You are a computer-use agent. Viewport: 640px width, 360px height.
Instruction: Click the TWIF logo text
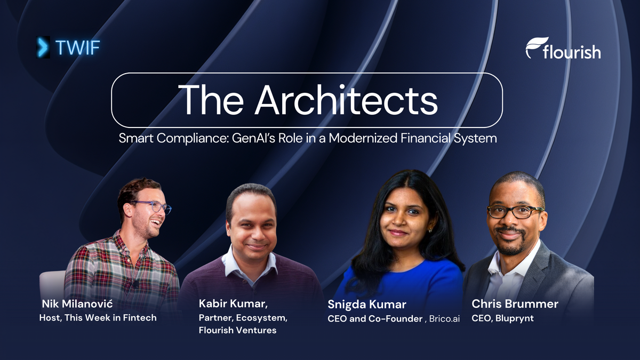point(77,48)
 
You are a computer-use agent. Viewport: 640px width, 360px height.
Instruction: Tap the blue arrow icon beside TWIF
point(41,47)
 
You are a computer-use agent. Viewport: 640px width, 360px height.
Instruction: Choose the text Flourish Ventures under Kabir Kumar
point(237,330)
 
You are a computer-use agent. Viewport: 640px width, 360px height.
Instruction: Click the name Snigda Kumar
point(366,305)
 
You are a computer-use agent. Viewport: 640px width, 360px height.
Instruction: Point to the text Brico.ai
point(442,319)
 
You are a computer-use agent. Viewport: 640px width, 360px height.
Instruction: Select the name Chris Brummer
point(515,305)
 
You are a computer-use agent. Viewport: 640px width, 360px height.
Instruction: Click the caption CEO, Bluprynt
point(502,318)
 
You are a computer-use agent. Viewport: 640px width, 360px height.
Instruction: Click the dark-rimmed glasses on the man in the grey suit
point(514,211)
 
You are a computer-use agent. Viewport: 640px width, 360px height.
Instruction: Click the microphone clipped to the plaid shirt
point(135,284)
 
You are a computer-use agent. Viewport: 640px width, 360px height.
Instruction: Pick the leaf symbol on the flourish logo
point(533,47)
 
